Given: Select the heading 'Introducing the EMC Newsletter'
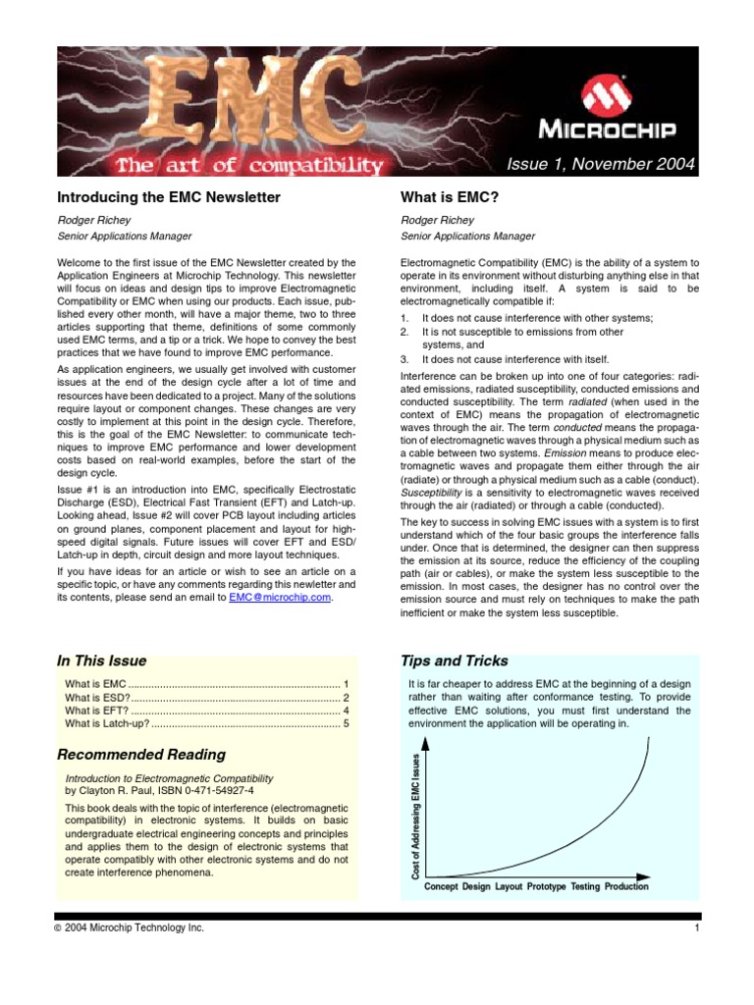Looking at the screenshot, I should (169, 197).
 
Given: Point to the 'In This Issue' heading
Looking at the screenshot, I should (102, 661).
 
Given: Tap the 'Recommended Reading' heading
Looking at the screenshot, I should (141, 754).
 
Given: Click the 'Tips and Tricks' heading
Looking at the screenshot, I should (455, 661).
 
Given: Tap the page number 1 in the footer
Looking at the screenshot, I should (695, 928).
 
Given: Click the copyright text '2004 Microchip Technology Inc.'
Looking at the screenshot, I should (135, 928).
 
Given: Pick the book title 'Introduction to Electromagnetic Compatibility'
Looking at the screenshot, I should (169, 777).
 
